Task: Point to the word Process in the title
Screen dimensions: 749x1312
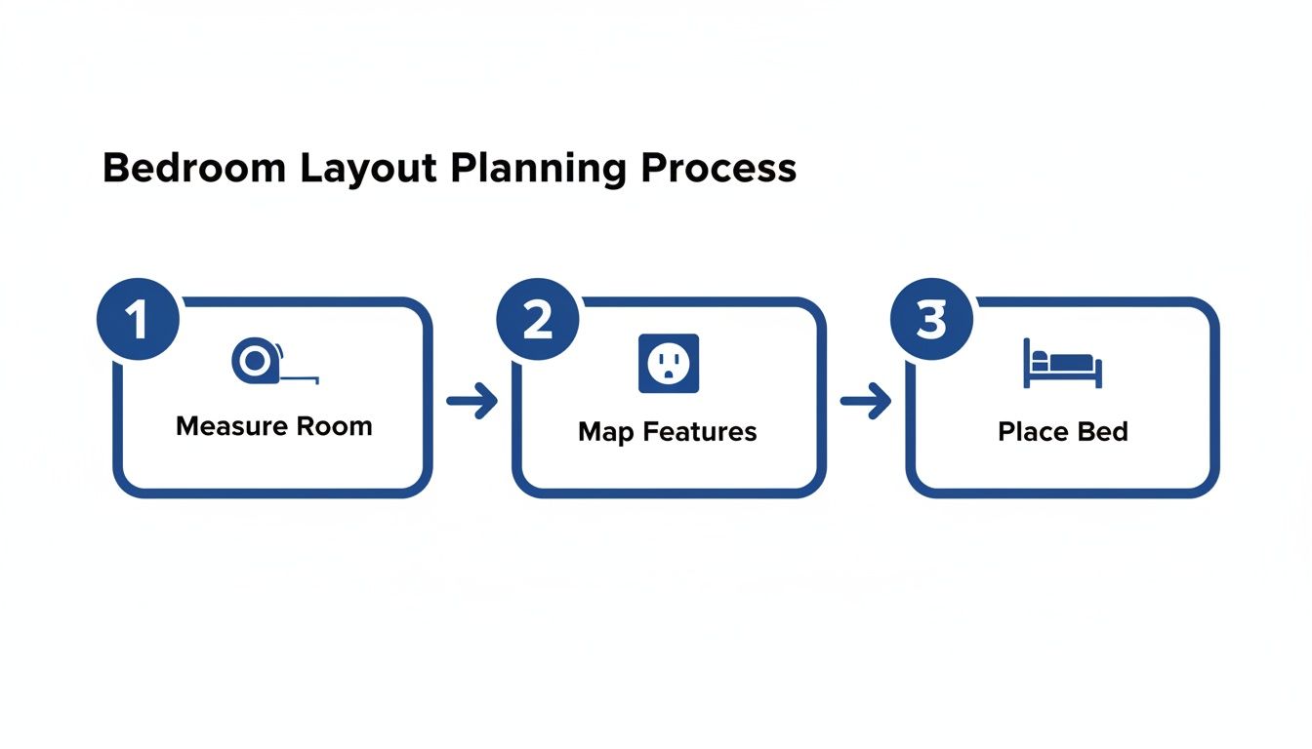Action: (x=719, y=169)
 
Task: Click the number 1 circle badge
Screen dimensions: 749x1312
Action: (x=139, y=320)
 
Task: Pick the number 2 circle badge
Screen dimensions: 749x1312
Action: (x=537, y=320)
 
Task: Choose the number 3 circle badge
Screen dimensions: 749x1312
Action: (x=932, y=320)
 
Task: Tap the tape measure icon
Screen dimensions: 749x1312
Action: (x=256, y=361)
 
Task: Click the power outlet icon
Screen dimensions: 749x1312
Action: (x=669, y=364)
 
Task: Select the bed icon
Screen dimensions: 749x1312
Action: (x=1062, y=363)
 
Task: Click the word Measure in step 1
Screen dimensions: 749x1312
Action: (x=231, y=426)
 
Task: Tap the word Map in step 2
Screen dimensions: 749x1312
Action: (x=600, y=431)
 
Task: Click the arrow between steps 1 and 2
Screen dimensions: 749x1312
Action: (x=471, y=401)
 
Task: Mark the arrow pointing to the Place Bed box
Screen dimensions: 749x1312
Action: (x=866, y=401)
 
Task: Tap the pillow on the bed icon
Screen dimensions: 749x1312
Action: (x=1041, y=358)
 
